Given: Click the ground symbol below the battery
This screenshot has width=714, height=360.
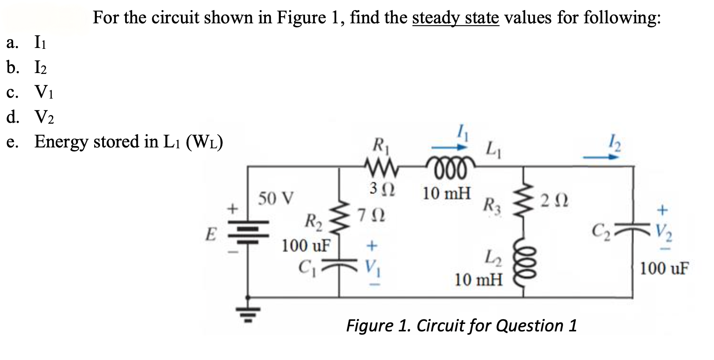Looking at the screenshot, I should coord(248,313).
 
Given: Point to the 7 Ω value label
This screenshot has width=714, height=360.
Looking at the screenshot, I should coord(371,216).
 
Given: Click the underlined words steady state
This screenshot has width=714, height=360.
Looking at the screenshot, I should coord(456,18).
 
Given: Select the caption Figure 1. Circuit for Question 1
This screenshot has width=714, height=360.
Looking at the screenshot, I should coord(461,326).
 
